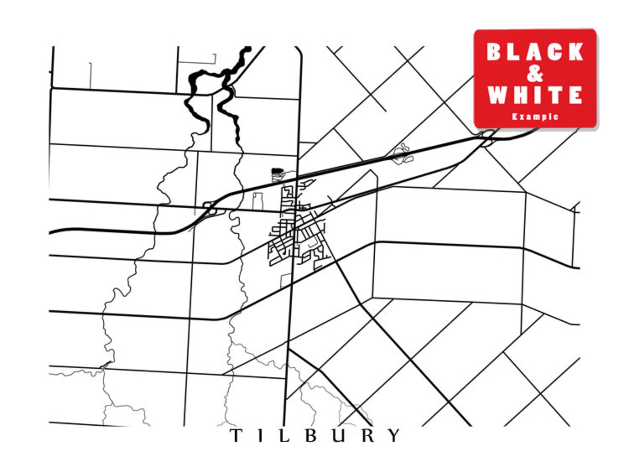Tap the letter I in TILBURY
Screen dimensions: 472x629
(x=259, y=436)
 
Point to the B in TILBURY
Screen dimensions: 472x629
(x=312, y=436)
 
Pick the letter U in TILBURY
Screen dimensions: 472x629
(x=339, y=436)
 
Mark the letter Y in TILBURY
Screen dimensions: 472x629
(x=394, y=436)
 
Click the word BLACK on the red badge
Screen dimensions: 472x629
(x=535, y=52)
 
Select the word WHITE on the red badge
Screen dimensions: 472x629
(x=535, y=95)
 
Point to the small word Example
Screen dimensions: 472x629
(x=535, y=116)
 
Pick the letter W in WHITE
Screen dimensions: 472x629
(x=498, y=95)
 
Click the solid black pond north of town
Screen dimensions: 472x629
(x=278, y=171)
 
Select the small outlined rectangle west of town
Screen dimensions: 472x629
(x=258, y=201)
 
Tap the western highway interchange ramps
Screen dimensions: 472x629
(x=210, y=209)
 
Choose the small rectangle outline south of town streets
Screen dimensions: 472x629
(x=286, y=280)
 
